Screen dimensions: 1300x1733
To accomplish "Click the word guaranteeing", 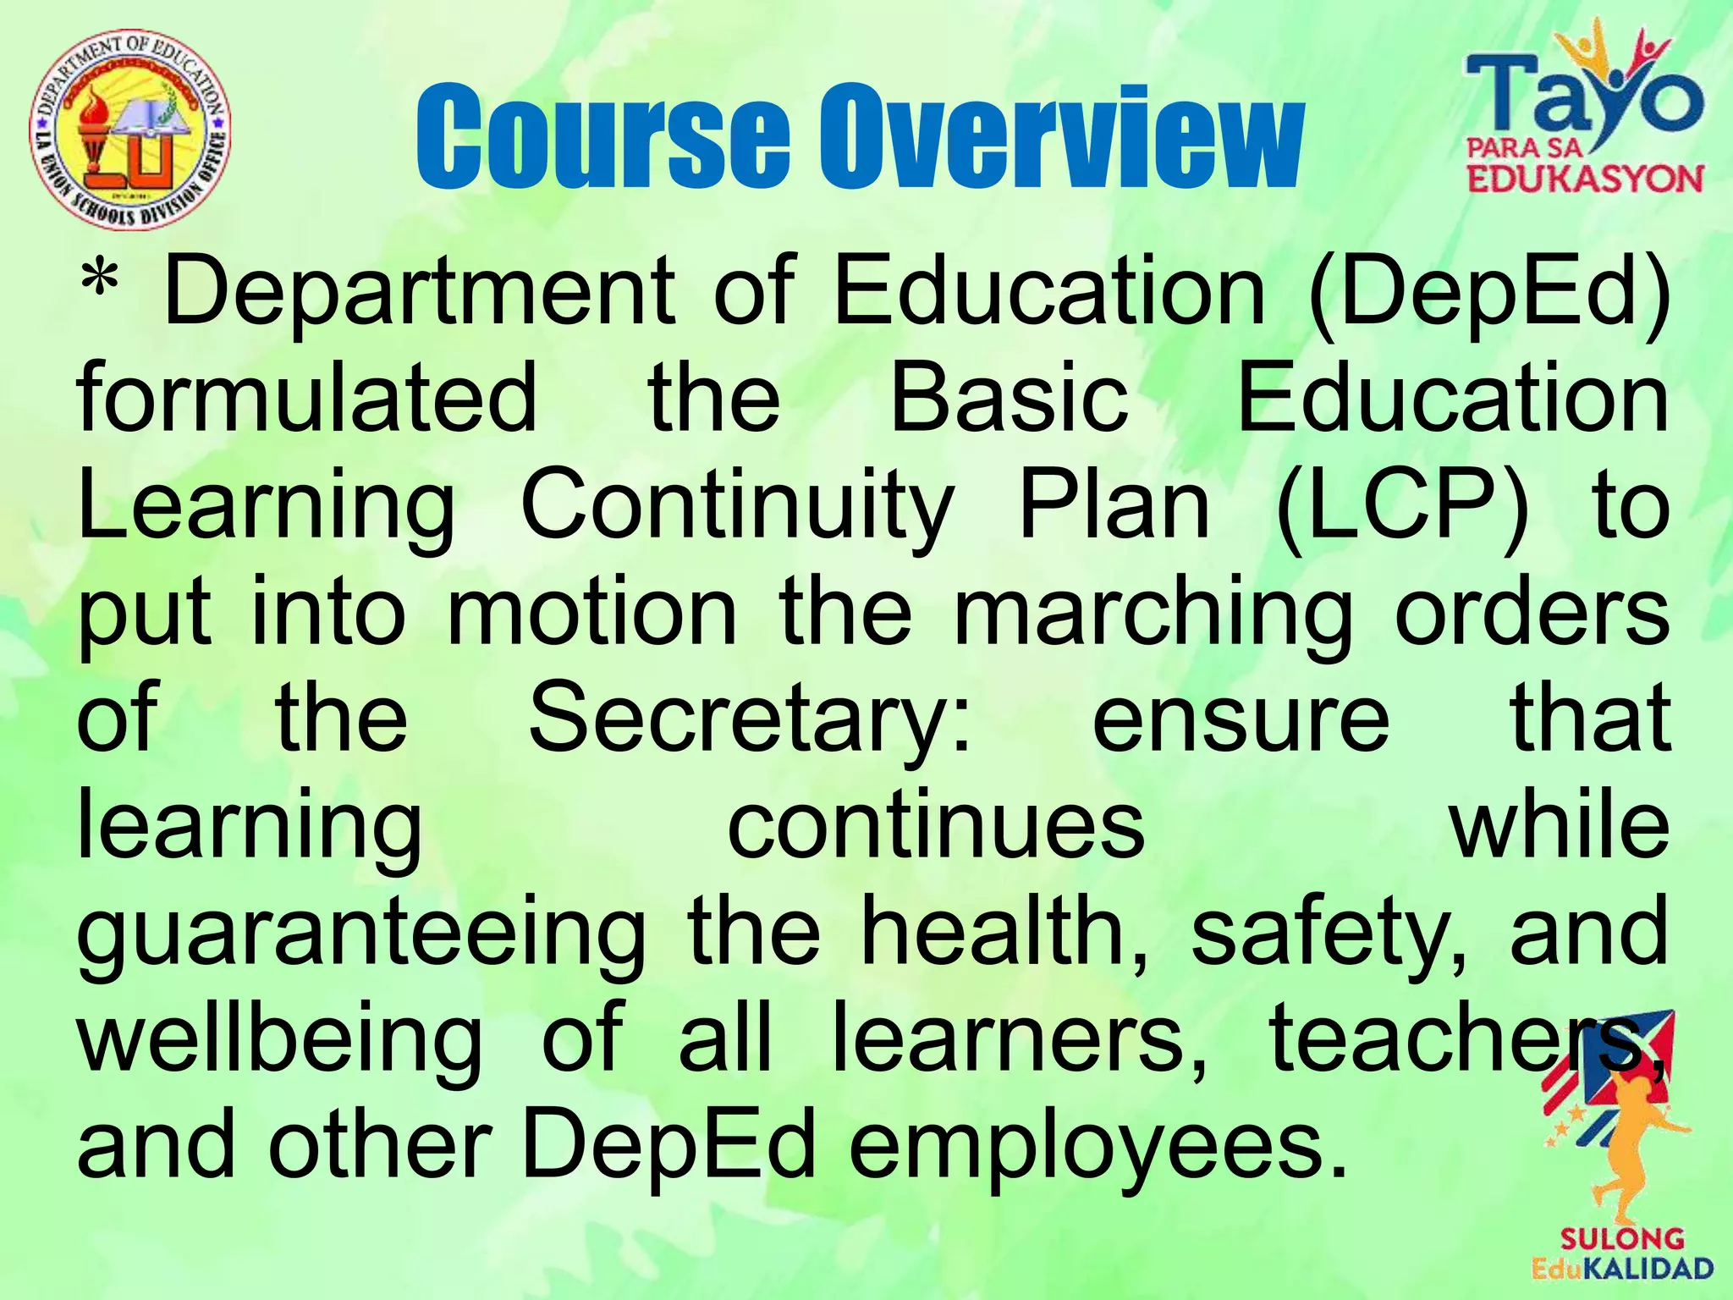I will click(x=361, y=934).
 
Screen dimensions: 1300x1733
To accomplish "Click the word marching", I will click(x=1153, y=613).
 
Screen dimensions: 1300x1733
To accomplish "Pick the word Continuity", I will click(x=737, y=506).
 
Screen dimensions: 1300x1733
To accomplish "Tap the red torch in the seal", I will click(x=92, y=127).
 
